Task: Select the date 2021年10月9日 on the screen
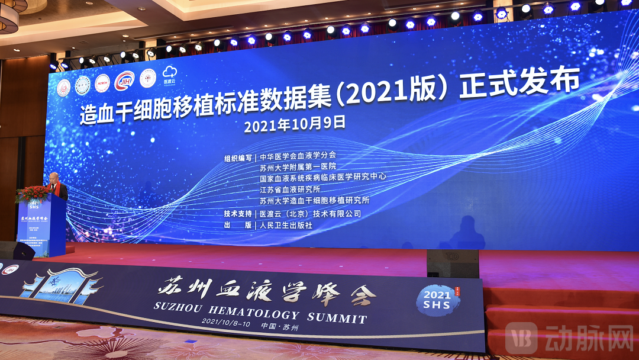pos(294,124)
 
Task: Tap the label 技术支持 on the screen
pos(238,214)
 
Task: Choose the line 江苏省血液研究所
pos(290,189)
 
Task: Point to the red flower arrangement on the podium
pos(33,193)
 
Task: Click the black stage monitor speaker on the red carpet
pos(453,263)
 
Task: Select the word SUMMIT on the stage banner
pos(334,318)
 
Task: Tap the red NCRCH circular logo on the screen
pos(102,83)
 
